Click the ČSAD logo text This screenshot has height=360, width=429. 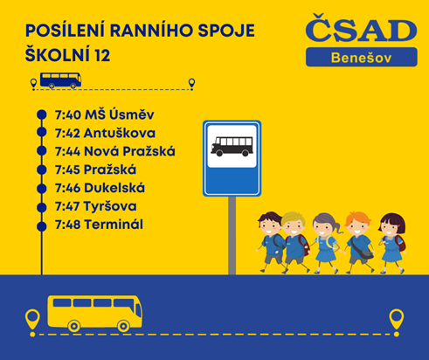(x=361, y=28)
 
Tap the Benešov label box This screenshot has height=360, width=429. (x=362, y=57)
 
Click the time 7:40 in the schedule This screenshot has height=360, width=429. (x=68, y=115)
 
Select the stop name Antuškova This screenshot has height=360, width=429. (x=120, y=133)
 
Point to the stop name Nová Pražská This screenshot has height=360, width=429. (x=129, y=151)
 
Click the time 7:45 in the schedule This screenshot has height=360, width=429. (x=67, y=170)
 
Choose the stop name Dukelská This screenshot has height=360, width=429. (x=114, y=188)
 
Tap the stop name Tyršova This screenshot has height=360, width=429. (x=110, y=206)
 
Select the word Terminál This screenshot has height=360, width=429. (x=114, y=225)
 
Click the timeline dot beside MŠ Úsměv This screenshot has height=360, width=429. (x=42, y=114)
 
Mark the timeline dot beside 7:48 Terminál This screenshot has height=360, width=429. (x=42, y=226)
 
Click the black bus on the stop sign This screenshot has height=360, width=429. (x=232, y=146)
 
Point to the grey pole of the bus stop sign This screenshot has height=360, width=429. (x=232, y=235)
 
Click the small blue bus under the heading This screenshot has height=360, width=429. (x=60, y=80)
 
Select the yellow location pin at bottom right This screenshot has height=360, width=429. (x=396, y=320)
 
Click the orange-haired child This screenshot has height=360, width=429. (x=359, y=243)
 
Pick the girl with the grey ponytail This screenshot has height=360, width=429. (x=326, y=243)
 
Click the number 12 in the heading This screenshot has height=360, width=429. (x=102, y=55)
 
